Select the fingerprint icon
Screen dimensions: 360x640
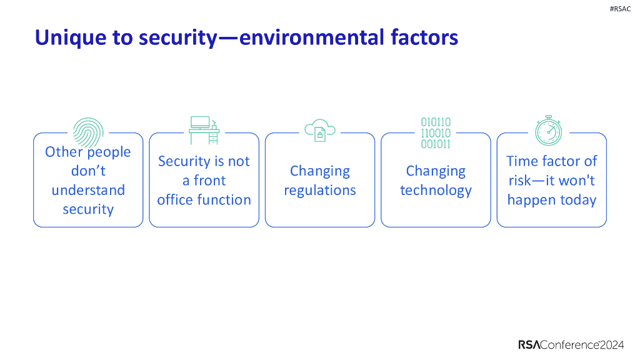pyautogui.click(x=87, y=132)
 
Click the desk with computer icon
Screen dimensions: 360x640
pyautogui.click(x=204, y=130)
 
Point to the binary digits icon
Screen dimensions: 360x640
pyautogui.click(x=436, y=132)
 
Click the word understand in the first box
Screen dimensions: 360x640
pyautogui.click(x=88, y=190)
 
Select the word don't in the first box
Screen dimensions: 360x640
pyautogui.click(x=88, y=171)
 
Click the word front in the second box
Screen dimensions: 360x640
pyautogui.click(x=209, y=181)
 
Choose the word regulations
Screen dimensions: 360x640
pyautogui.click(x=320, y=190)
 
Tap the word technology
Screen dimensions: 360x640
pyautogui.click(x=436, y=190)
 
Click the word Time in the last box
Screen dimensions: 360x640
pyautogui.click(x=521, y=161)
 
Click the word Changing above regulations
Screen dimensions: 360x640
pyautogui.click(x=320, y=171)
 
